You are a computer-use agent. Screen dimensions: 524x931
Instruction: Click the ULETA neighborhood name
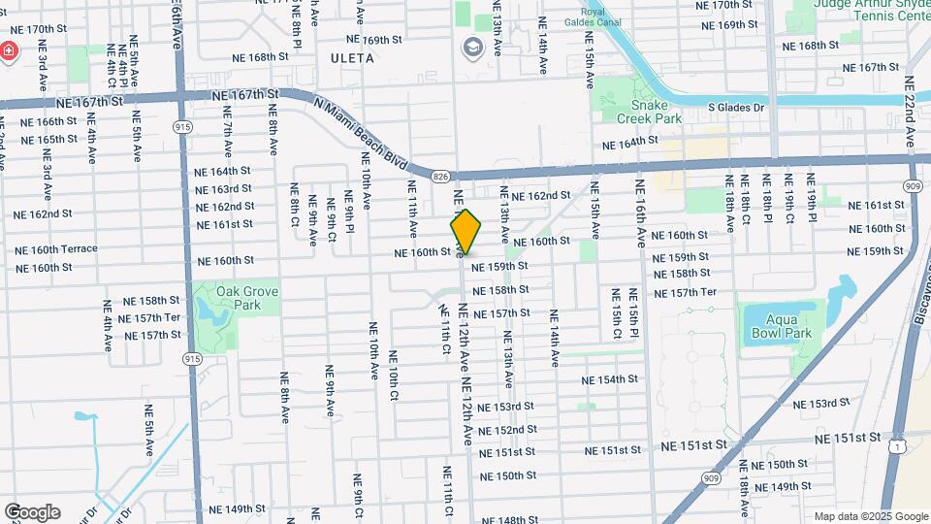[353, 58]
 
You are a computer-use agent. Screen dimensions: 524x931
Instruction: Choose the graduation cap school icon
[472, 47]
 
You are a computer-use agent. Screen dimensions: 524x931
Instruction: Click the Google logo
[31, 512]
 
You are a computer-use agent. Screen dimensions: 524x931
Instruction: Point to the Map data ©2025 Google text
[871, 517]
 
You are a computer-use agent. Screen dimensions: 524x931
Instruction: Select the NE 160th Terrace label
[56, 249]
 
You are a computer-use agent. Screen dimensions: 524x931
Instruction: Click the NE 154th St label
[611, 379]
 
